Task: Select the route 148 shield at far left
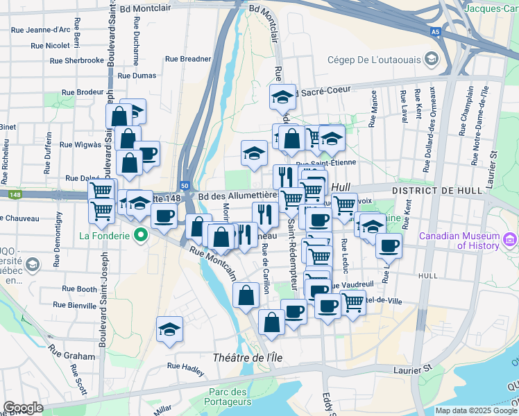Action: pos(15,196)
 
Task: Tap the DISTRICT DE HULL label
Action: pos(423,190)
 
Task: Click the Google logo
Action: pos(24,408)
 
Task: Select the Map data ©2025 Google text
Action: pos(475,410)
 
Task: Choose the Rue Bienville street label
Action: pos(73,305)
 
